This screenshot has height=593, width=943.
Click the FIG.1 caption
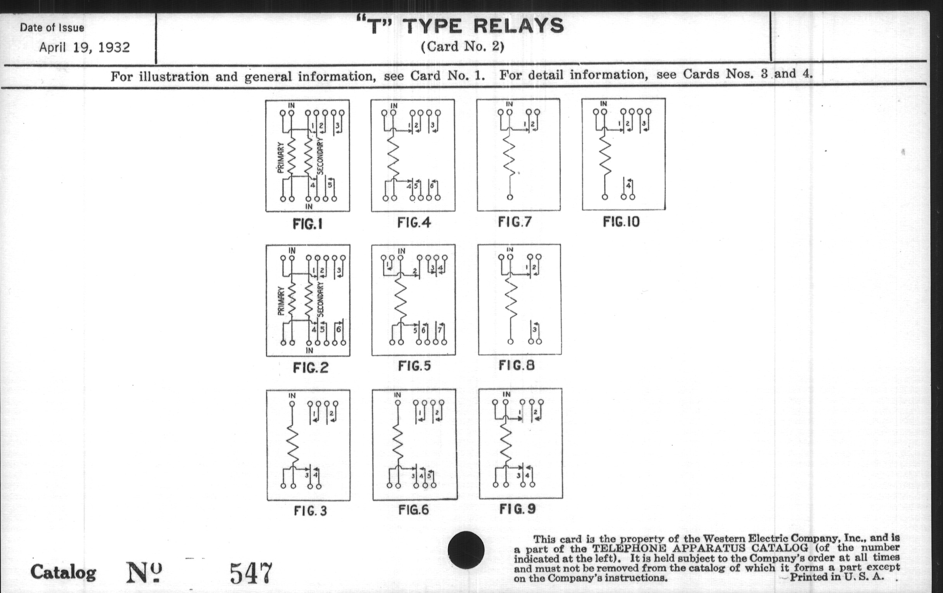(308, 224)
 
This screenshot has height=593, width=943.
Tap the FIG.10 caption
(621, 222)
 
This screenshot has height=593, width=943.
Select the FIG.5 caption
(415, 365)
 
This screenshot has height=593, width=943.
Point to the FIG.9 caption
(518, 509)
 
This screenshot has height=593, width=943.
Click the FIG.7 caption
(515, 222)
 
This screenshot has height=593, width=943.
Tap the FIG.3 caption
(311, 510)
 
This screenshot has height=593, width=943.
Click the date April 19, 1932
(85, 47)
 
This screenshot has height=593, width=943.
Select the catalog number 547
(250, 572)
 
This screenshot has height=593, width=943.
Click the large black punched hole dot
(466, 550)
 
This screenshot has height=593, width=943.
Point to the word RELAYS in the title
(518, 26)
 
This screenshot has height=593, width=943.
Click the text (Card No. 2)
(463, 47)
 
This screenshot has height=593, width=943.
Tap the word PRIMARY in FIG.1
(280, 158)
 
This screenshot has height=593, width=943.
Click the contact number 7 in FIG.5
(440, 330)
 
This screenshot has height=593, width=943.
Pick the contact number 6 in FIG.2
(339, 329)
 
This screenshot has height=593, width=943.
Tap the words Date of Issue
(52, 28)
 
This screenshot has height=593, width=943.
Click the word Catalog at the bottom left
(64, 572)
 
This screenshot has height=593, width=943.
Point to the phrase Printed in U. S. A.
(837, 577)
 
